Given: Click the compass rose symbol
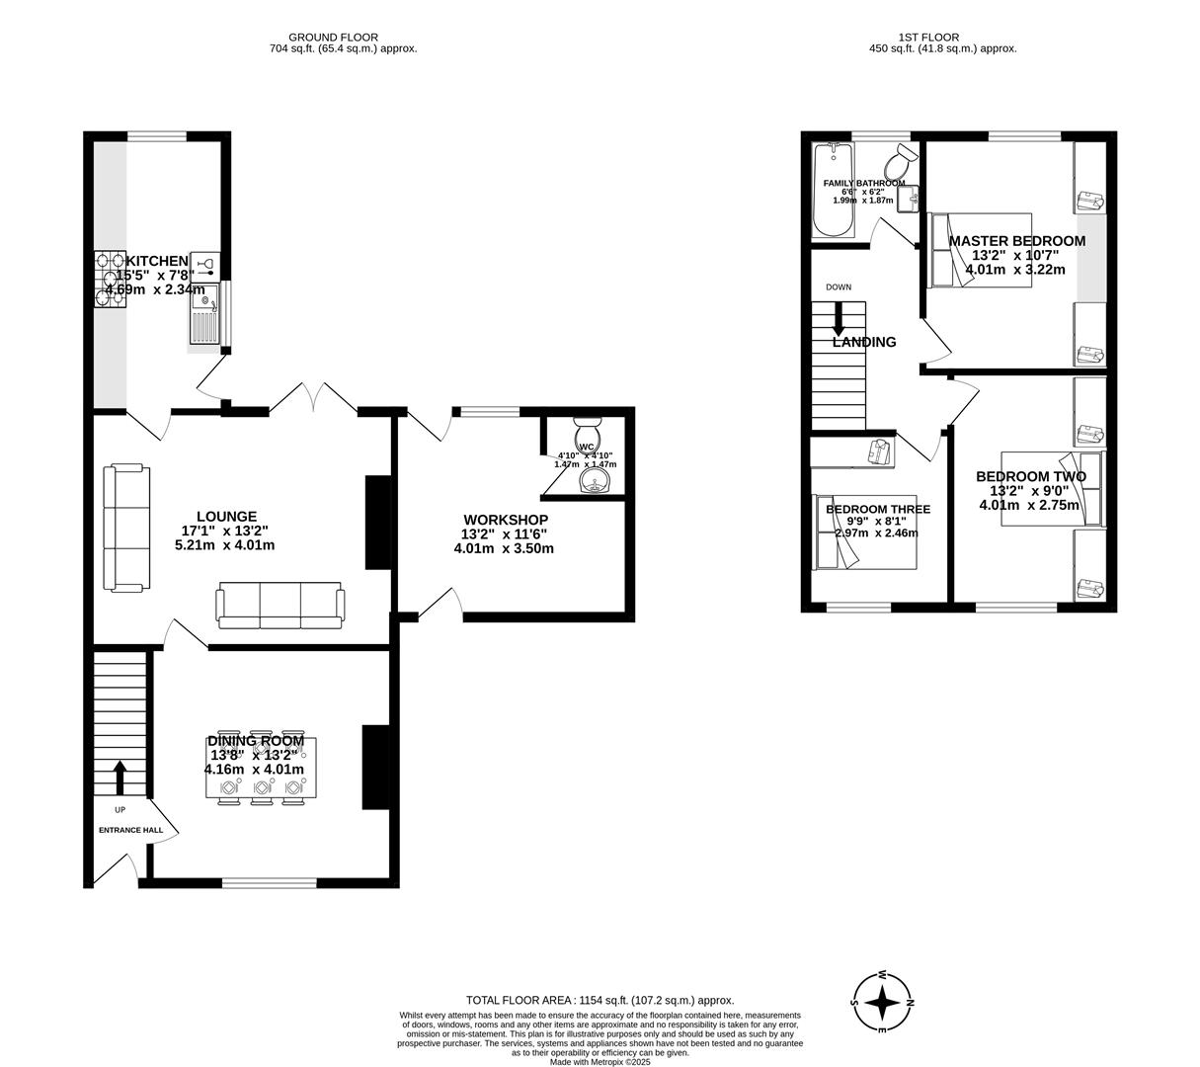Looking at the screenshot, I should [x=882, y=1002].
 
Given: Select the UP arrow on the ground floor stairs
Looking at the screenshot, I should [x=120, y=777].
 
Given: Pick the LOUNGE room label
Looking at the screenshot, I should [x=226, y=517].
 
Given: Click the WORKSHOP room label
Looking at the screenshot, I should [x=505, y=520].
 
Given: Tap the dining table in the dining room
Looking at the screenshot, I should [x=261, y=769].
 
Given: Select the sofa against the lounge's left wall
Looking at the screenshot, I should [x=126, y=528].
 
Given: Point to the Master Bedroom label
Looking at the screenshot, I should [x=1016, y=241].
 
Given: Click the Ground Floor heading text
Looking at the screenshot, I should [x=343, y=38].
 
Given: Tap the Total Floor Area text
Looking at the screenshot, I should [x=600, y=1000].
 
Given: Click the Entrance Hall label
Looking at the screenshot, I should [x=130, y=830].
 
